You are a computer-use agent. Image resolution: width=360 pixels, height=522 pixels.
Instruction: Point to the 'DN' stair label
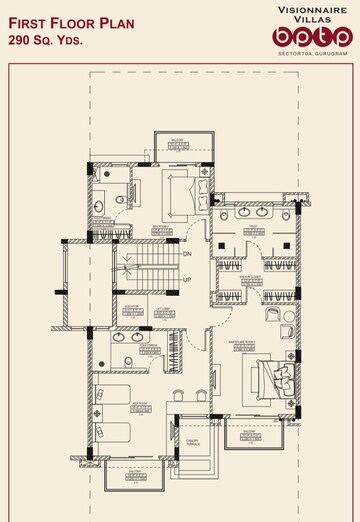[x=186, y=254]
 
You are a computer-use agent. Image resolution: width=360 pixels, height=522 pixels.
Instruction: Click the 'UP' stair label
[x=186, y=280]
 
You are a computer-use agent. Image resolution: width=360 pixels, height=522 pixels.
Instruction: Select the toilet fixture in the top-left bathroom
[x=119, y=199]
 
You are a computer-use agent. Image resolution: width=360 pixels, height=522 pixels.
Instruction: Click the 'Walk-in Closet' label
[x=252, y=276]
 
